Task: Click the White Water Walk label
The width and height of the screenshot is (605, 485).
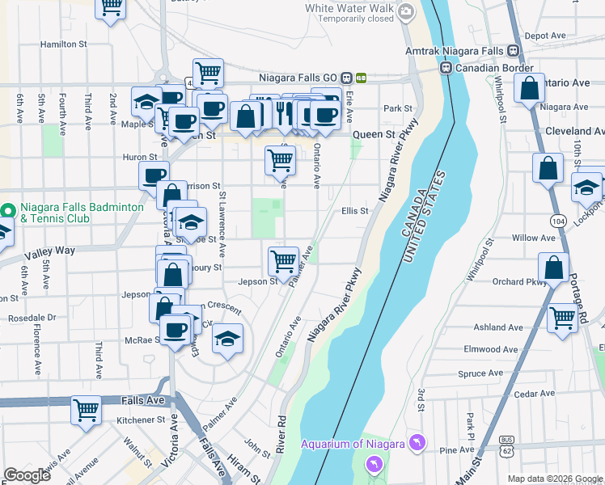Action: pos(349,8)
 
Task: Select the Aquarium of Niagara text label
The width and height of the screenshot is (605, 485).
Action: pos(353,444)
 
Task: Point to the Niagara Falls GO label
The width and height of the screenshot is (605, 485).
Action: pos(297,78)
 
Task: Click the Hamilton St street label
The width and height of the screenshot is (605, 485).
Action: pos(63,44)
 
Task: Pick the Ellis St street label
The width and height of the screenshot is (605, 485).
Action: pos(354,211)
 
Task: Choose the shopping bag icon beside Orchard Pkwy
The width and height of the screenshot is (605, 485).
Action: pos(554,268)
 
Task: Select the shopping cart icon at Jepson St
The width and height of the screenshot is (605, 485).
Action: pos(284,260)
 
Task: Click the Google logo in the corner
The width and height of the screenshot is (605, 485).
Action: pos(27,475)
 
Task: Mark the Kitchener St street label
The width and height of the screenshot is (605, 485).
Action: pos(141,420)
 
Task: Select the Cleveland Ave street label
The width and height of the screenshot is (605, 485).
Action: pos(577,131)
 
